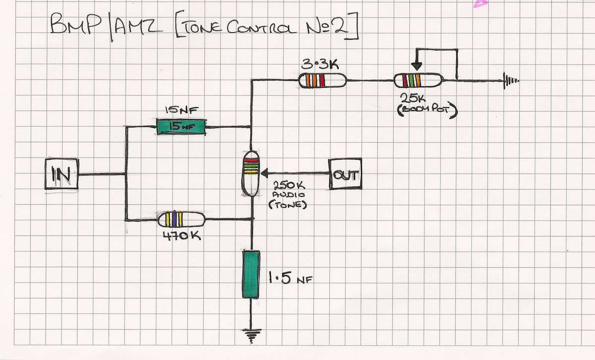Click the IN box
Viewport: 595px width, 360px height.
pyautogui.click(x=61, y=174)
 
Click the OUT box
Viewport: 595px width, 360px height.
pyautogui.click(x=345, y=174)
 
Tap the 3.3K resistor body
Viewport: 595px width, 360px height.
pyautogui.click(x=322, y=80)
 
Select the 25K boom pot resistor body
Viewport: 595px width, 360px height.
pyautogui.click(x=417, y=80)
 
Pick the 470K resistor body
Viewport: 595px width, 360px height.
pyautogui.click(x=181, y=219)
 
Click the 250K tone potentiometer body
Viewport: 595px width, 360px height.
pyautogui.click(x=251, y=174)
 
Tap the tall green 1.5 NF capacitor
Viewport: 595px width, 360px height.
pyautogui.click(x=251, y=274)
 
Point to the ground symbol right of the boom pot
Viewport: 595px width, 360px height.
pyautogui.click(x=511, y=80)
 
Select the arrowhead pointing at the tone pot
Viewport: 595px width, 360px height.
pyautogui.click(x=264, y=173)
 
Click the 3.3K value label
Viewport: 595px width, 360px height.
pyautogui.click(x=317, y=64)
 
